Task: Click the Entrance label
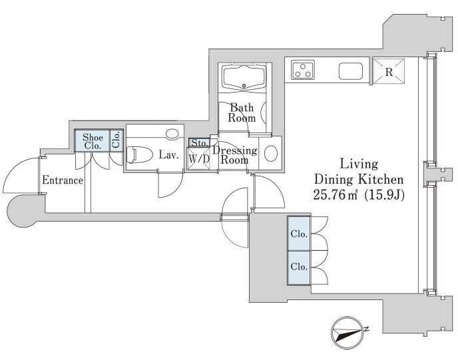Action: (x=63, y=180)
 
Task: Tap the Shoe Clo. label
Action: (x=93, y=141)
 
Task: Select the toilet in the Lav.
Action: (x=139, y=154)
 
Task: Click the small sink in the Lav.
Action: (x=172, y=134)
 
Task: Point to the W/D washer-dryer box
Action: (x=199, y=158)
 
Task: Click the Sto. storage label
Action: (x=200, y=143)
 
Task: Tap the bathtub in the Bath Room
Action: (x=244, y=77)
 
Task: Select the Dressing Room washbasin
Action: (x=272, y=153)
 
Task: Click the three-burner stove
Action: (x=303, y=70)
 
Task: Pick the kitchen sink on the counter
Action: (x=351, y=71)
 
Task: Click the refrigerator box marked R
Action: (x=389, y=71)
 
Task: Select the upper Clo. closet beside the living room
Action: (x=299, y=234)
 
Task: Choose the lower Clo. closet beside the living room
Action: (x=299, y=267)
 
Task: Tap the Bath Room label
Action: (x=242, y=112)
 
